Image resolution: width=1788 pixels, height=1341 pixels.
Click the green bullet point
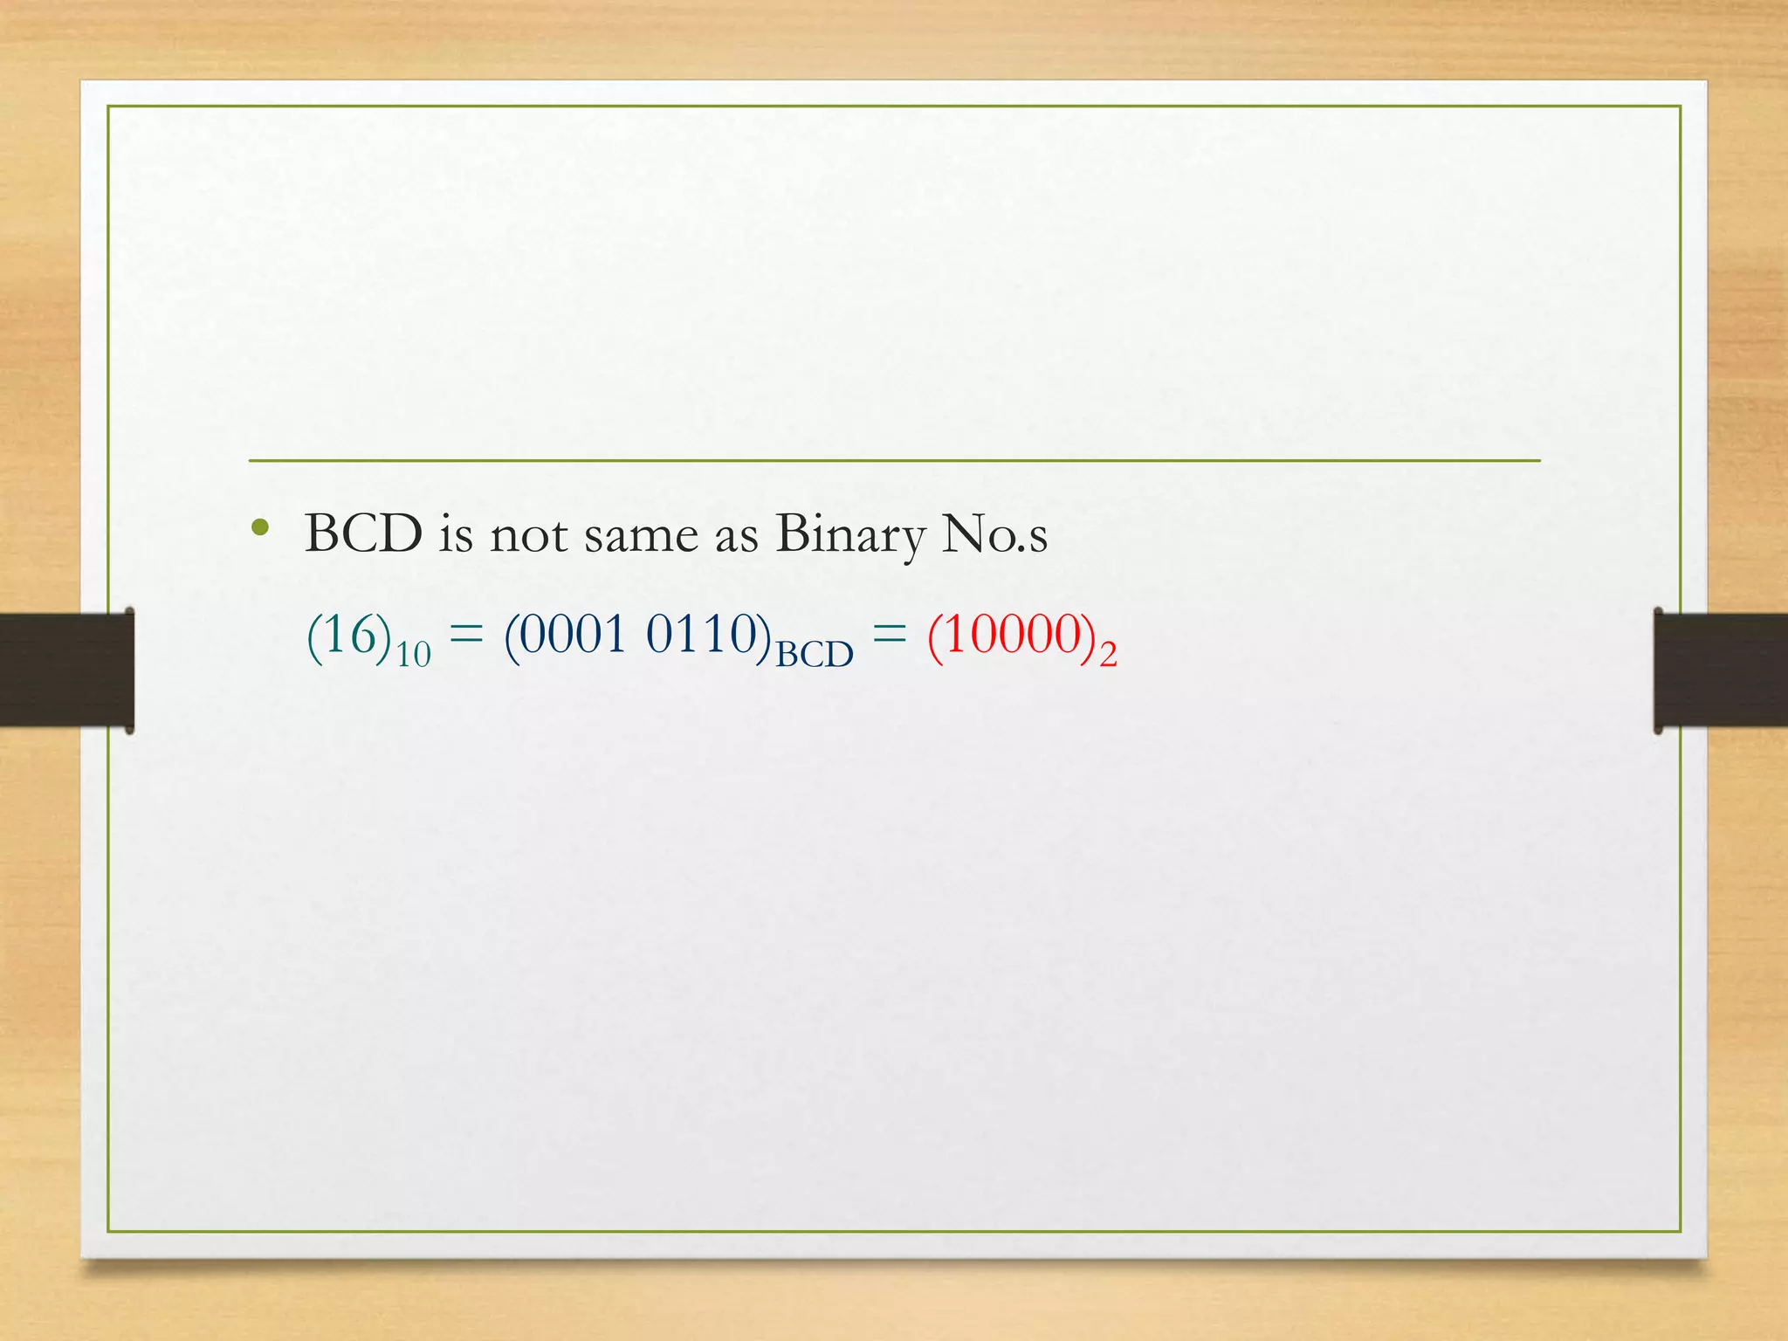(259, 527)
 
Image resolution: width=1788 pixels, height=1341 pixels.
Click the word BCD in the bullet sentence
(363, 533)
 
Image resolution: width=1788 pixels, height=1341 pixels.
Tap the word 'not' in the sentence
(528, 535)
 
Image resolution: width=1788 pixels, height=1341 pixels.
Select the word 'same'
(641, 535)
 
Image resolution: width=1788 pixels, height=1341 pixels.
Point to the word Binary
(849, 535)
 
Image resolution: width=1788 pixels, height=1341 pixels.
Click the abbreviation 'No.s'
(994, 534)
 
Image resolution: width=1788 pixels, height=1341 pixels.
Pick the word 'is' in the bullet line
(456, 533)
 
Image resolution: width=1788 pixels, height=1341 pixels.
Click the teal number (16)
(349, 635)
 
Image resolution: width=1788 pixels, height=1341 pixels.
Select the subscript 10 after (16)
(414, 654)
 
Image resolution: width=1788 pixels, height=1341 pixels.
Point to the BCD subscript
(815, 654)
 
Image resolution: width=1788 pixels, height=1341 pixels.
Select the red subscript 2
(1108, 654)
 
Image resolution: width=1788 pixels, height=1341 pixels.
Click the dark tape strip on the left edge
(66, 670)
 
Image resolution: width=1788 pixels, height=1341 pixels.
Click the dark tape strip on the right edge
(1721, 670)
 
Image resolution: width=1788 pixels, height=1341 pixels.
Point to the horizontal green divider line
(894, 460)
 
